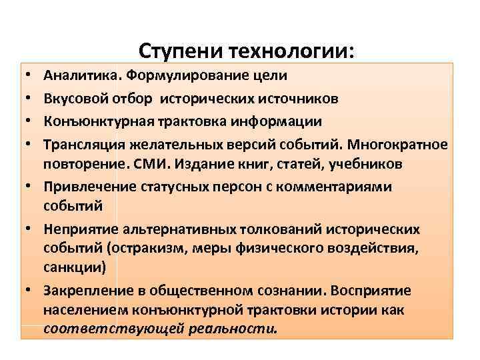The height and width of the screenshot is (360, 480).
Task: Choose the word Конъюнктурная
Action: pos(90,121)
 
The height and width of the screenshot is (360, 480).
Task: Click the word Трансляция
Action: pos(80,145)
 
